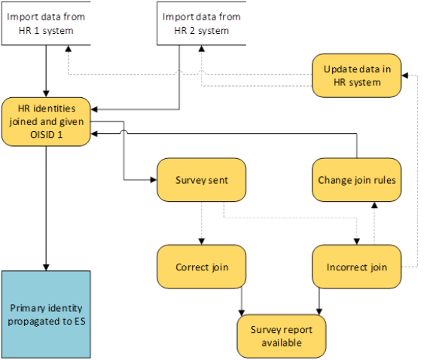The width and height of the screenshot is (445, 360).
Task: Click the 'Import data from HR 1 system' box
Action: pos(46,23)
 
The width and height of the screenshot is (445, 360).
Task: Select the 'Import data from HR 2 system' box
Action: pos(202,23)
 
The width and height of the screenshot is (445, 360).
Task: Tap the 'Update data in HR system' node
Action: pos(357,75)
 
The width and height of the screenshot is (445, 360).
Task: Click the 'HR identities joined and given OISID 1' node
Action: pos(46,121)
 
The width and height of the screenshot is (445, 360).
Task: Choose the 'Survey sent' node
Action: pos(202,180)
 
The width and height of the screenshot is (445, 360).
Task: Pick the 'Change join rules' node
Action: pos(357,180)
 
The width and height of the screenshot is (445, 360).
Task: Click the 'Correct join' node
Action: pos(202,267)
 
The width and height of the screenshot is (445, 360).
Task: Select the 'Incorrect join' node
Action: pos(357,267)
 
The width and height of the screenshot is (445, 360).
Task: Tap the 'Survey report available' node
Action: pos(282,336)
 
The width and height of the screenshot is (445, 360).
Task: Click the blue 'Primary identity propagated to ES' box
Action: pos(46,314)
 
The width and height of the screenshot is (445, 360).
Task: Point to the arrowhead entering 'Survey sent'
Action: pos(154,180)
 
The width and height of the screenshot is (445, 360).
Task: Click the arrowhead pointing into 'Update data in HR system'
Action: pos(405,75)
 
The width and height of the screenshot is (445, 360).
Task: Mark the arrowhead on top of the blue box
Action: pos(46,267)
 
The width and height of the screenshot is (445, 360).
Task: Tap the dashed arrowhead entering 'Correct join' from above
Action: pos(202,242)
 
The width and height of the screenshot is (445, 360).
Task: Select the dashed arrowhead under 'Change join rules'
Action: pos(375,206)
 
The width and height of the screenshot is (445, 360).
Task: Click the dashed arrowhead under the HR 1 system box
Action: pos(68,48)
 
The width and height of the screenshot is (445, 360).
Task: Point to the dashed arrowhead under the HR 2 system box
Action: pos(202,48)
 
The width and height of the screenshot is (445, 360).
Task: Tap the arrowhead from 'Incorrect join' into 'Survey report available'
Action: pos(319,312)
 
